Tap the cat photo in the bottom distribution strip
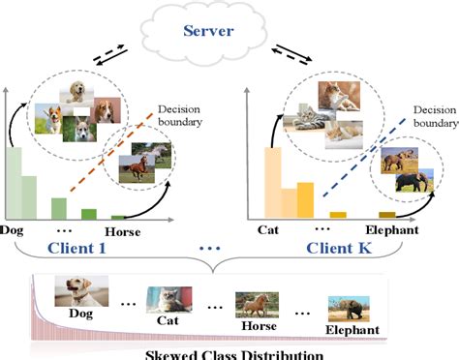pos(168,297)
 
